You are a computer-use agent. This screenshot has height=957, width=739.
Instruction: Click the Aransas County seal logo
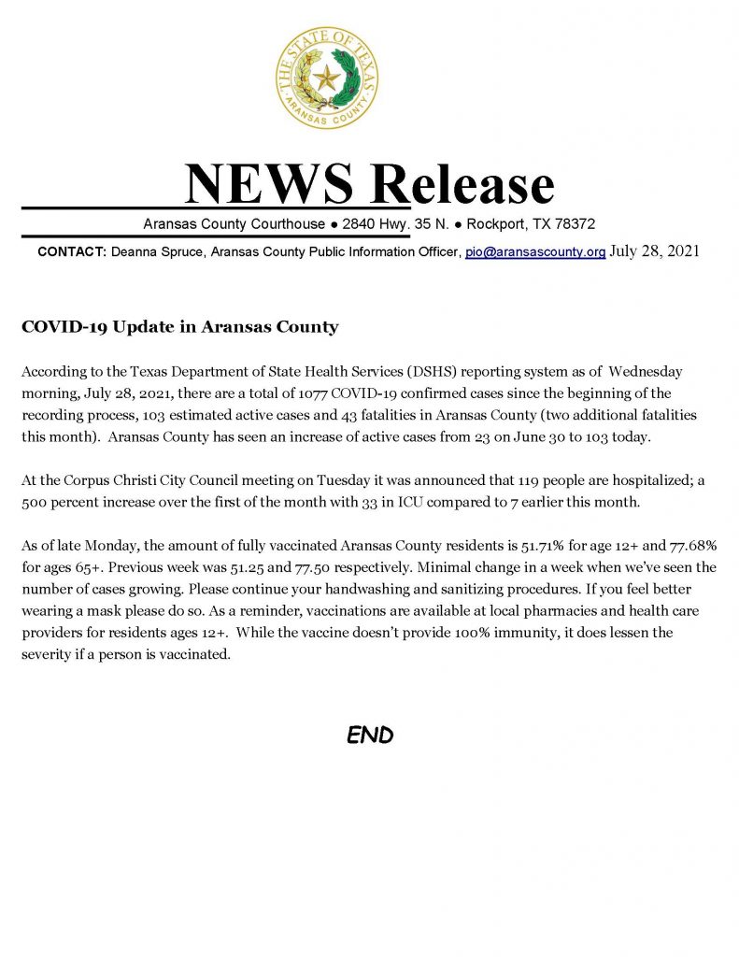(x=327, y=78)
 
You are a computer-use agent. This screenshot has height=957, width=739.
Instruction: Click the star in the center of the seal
(x=327, y=76)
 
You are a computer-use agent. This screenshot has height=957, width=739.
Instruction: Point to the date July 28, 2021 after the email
(x=654, y=251)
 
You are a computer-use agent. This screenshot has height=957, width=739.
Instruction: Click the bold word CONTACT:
(x=73, y=252)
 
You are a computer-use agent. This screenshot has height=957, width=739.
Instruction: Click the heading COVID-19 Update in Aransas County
(x=178, y=327)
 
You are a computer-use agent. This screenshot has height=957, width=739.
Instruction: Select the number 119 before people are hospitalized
(x=533, y=479)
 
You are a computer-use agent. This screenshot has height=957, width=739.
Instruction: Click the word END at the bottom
(x=370, y=736)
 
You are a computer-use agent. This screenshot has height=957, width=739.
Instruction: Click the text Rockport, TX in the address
(x=505, y=224)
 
